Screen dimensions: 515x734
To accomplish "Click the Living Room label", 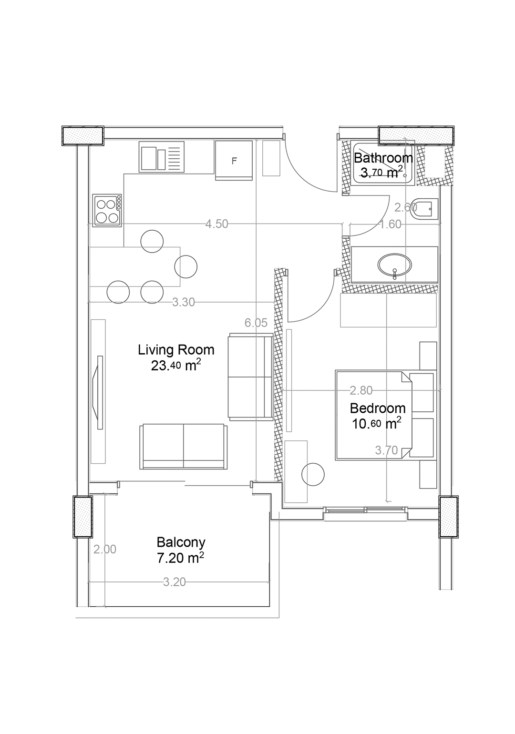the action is pos(176,350).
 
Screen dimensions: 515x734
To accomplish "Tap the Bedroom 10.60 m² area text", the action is pos(377,424).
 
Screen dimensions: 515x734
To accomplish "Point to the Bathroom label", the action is pos(383,158).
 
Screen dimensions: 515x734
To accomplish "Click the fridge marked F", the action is pos(234,160).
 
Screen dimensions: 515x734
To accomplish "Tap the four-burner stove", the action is pos(107,210).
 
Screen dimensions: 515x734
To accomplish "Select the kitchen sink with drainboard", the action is pos(161,157).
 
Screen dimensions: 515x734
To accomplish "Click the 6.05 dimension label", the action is pos(256,323).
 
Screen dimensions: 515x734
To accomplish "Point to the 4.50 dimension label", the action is pos(216,224).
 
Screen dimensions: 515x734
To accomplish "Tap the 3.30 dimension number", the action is pos(184,302).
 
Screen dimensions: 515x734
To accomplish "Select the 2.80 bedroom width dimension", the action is pos(361,390).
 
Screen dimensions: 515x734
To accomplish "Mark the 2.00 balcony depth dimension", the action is pos(105,549).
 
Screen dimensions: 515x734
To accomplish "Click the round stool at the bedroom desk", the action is pos(313,474).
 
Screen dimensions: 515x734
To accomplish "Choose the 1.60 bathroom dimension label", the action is pos(390,224).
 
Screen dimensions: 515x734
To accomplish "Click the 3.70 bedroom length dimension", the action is pos(387,450).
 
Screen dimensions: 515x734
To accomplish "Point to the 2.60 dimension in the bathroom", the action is pos(405,207).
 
